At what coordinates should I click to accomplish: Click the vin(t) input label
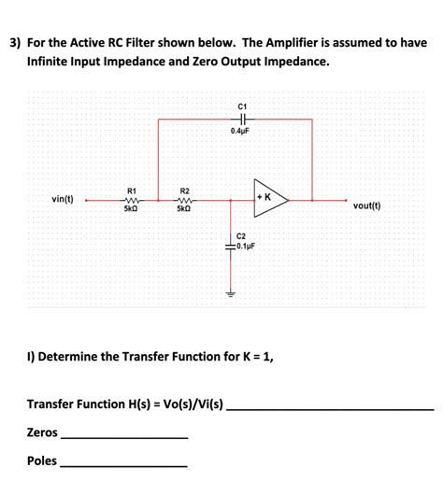63,199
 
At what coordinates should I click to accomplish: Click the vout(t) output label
366,205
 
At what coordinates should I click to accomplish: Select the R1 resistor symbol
132,199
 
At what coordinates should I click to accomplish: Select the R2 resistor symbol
184,199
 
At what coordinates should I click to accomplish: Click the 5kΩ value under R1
132,209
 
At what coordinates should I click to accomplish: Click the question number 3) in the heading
15,43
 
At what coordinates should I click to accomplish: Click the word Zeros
42,432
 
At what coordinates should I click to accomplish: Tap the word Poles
42,461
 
